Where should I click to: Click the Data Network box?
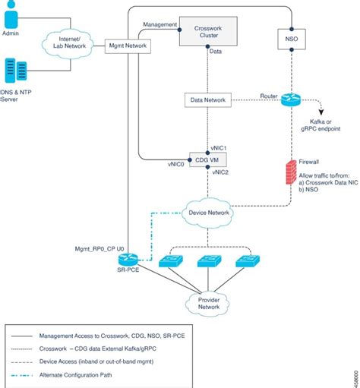207,99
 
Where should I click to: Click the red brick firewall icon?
289,171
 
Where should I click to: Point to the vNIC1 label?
219,147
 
